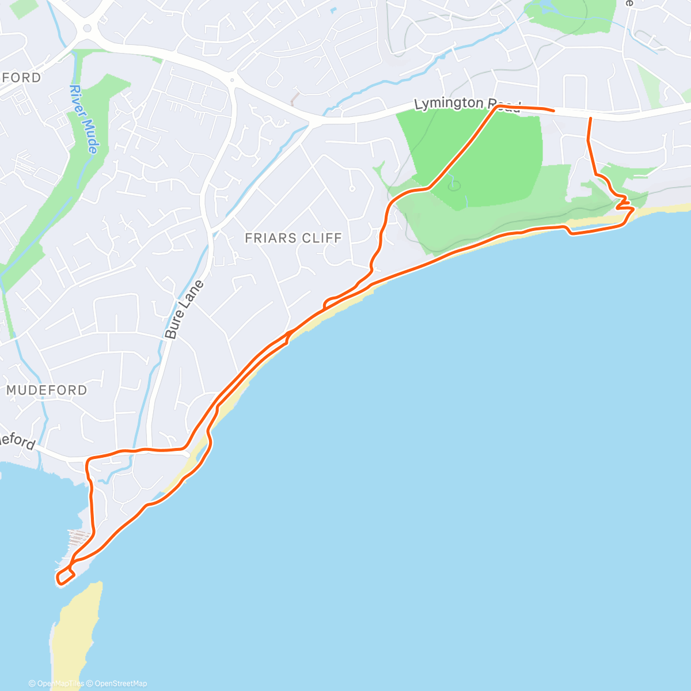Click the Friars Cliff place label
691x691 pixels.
click(x=293, y=238)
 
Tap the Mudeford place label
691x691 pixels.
click(x=47, y=390)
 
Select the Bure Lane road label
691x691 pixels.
click(x=184, y=309)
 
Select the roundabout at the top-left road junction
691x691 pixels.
click(x=88, y=28)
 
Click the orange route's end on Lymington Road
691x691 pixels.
click(x=553, y=110)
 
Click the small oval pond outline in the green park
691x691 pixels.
click(x=455, y=185)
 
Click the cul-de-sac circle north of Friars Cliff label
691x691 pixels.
click(x=352, y=188)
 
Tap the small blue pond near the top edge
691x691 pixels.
click(x=333, y=10)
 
